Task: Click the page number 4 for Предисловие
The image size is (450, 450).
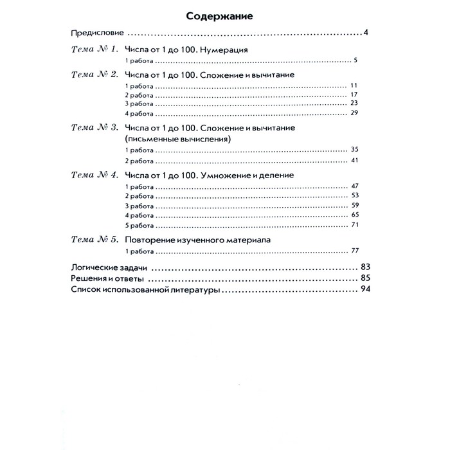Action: (364, 33)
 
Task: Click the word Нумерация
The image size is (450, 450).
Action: (221, 50)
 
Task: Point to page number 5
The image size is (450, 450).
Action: (355, 61)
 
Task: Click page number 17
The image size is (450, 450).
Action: (354, 94)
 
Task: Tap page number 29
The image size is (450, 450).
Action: (354, 113)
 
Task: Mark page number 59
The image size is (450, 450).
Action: (354, 205)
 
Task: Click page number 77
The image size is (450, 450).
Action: (354, 251)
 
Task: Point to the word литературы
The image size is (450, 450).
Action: (192, 291)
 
